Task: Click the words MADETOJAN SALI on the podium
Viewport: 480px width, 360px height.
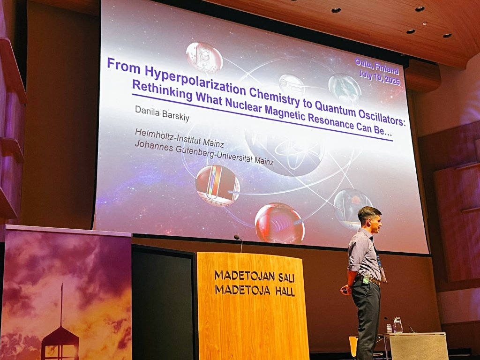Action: coord(255,276)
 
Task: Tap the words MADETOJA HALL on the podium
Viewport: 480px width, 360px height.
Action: coord(255,290)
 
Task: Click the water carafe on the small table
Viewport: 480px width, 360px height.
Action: coord(397,325)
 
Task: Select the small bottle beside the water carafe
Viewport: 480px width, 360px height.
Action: coord(389,328)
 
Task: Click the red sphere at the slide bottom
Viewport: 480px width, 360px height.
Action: coord(279,223)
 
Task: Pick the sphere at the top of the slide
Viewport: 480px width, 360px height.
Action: coord(204,56)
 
